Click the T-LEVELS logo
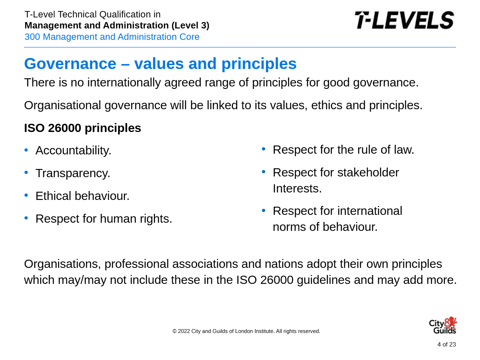coord(404,20)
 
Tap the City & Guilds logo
coord(443,325)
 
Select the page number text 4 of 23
coord(447,344)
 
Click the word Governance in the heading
coord(70,64)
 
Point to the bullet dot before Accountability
coord(26,150)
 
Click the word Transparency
coord(73,173)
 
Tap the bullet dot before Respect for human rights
coord(26,218)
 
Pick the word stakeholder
coord(368,172)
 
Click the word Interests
coord(297,189)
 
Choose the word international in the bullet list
coord(370,211)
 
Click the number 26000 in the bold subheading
coord(64,128)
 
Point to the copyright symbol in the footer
coord(175,331)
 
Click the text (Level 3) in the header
coord(190,26)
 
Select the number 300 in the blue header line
coord(32,37)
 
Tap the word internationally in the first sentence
coord(124,83)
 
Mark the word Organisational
coord(62,105)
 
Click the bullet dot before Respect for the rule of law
coord(263,149)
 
